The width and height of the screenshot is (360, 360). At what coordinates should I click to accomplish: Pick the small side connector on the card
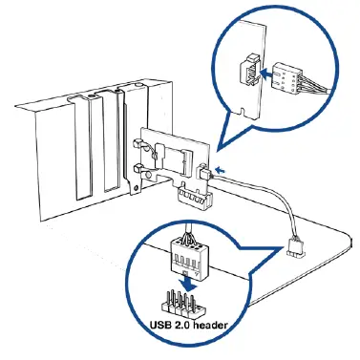tap(207, 173)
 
